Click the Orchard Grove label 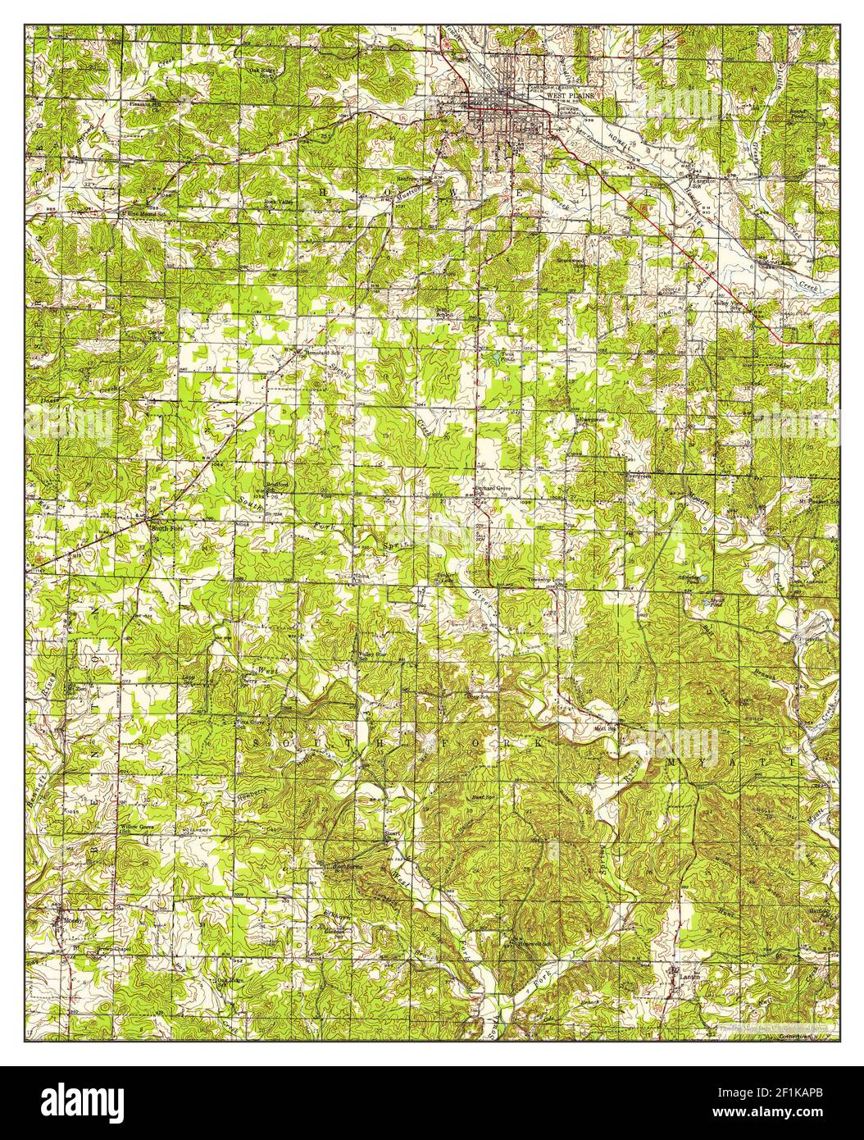pyautogui.click(x=492, y=491)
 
